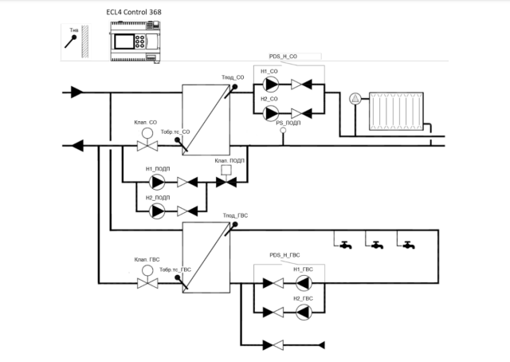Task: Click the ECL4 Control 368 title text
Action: coord(138,13)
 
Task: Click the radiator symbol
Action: coord(394,111)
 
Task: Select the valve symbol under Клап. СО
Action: coord(147,146)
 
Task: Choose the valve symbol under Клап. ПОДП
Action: coord(226,182)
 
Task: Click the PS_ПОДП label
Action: coord(288,123)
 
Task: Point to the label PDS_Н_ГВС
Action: coord(286,256)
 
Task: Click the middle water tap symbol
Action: coord(375,245)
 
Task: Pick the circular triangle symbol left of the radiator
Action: coord(355,99)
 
